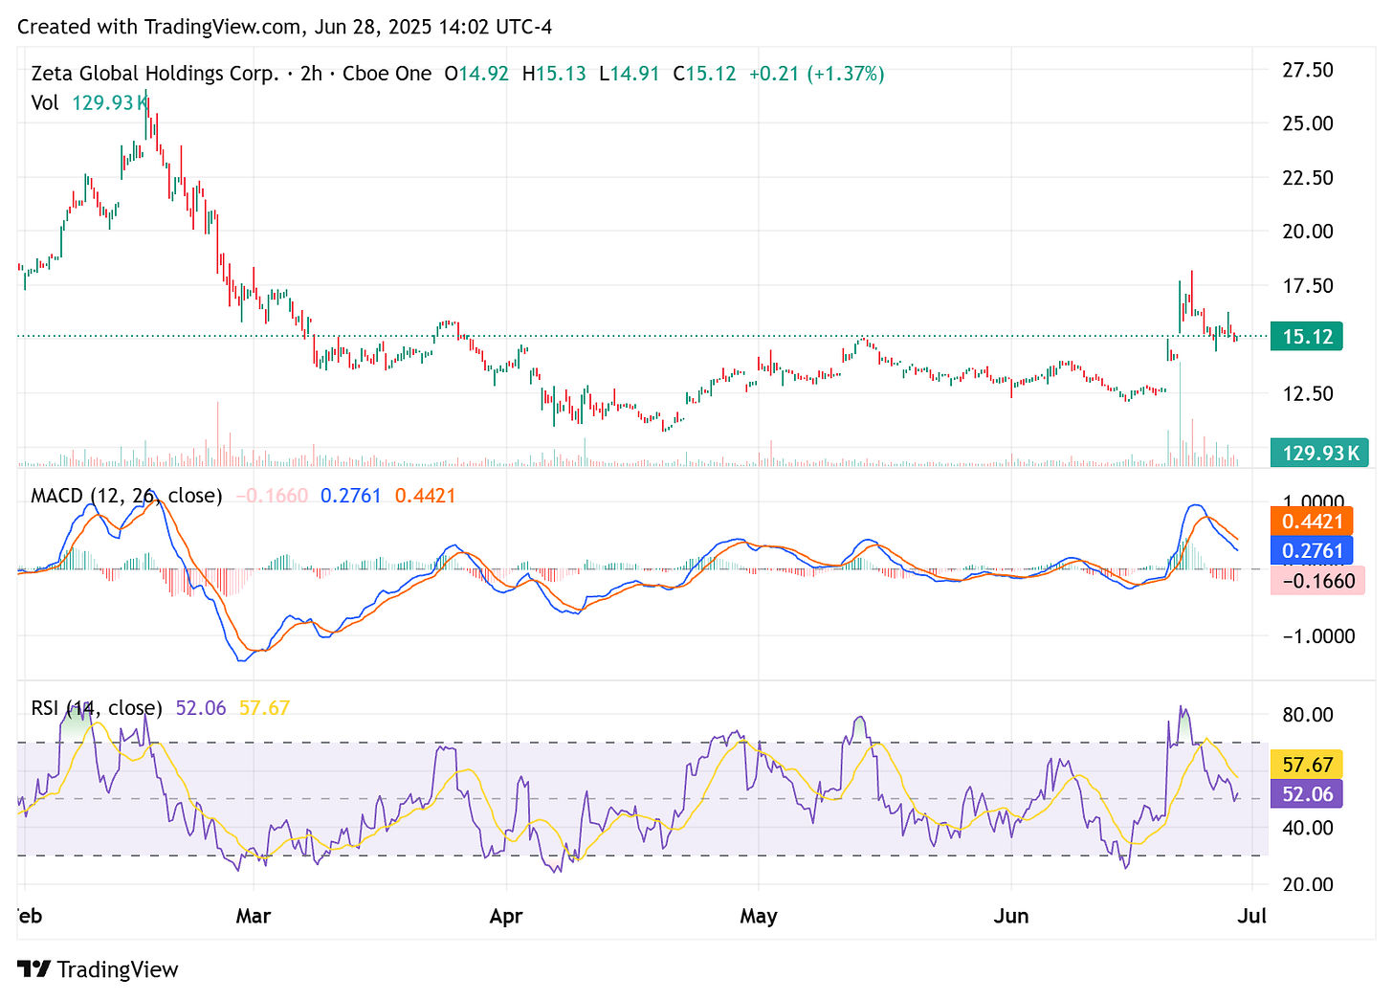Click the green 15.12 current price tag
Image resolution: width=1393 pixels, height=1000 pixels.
point(1307,337)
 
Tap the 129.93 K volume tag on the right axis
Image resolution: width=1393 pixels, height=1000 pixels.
point(1318,453)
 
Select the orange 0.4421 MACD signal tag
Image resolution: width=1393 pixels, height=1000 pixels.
point(1312,522)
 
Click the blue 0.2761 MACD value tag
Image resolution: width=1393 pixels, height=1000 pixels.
point(1312,550)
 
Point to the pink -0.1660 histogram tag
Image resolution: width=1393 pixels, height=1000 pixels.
point(1316,580)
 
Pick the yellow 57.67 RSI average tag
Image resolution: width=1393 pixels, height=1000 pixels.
point(1307,765)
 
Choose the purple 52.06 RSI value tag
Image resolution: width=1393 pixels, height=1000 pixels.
point(1307,794)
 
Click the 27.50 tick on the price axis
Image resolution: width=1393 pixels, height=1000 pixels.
point(1307,70)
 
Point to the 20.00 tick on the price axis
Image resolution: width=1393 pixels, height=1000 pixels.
point(1307,232)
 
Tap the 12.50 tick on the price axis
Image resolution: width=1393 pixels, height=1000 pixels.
point(1307,393)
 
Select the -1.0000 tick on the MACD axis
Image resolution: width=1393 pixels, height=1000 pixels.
point(1316,636)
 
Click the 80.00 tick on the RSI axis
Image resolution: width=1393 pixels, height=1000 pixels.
point(1307,715)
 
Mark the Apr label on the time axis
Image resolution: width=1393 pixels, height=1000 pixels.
point(506,916)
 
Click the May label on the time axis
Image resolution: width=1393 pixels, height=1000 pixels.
point(759,916)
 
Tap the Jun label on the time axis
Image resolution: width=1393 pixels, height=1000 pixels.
point(1011,916)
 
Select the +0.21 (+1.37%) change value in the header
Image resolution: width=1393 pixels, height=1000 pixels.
point(816,74)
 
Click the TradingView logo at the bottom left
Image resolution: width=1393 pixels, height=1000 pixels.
point(98,969)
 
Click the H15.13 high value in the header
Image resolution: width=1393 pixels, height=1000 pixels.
point(554,74)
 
